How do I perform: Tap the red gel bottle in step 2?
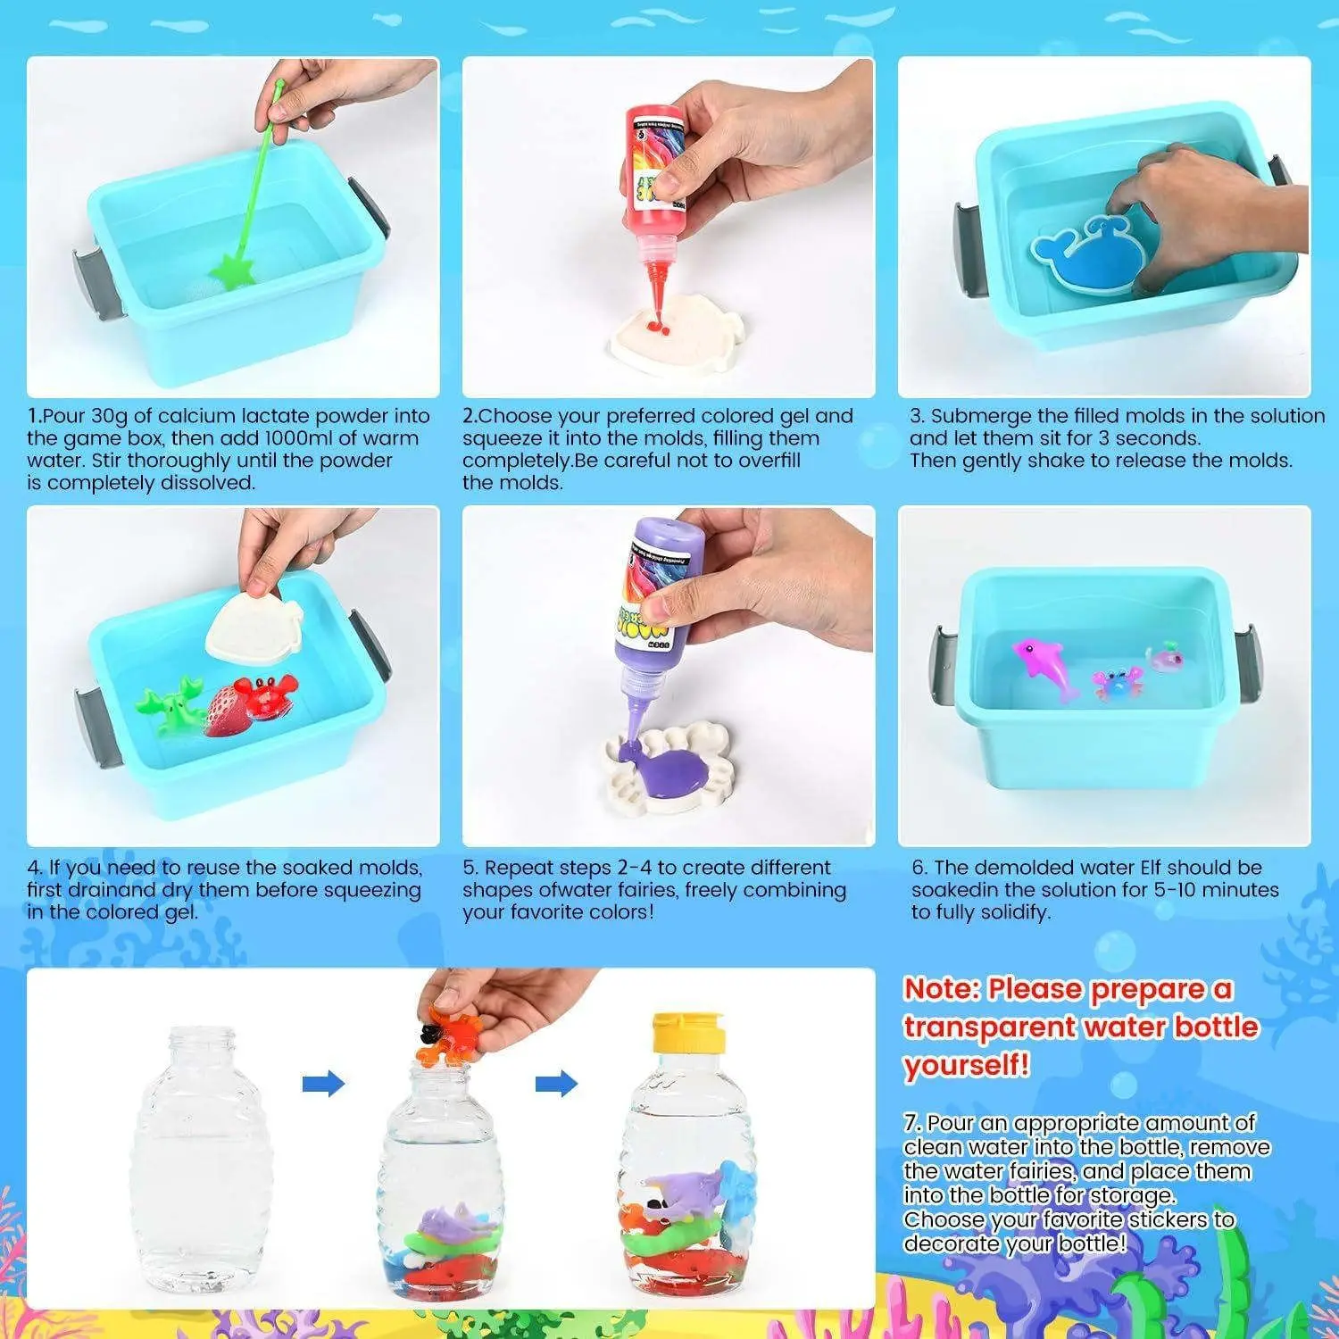654,179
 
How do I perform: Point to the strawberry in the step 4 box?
223,711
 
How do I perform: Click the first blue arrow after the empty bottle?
323,1084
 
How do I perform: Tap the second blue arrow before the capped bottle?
556,1084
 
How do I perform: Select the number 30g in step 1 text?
109,416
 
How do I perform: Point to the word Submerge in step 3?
981,416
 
